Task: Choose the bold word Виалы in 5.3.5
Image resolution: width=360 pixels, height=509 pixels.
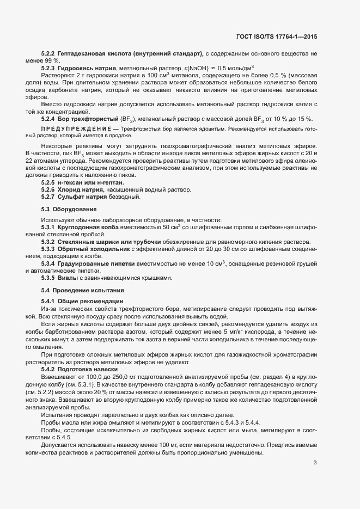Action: pyautogui.click(x=69, y=278)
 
